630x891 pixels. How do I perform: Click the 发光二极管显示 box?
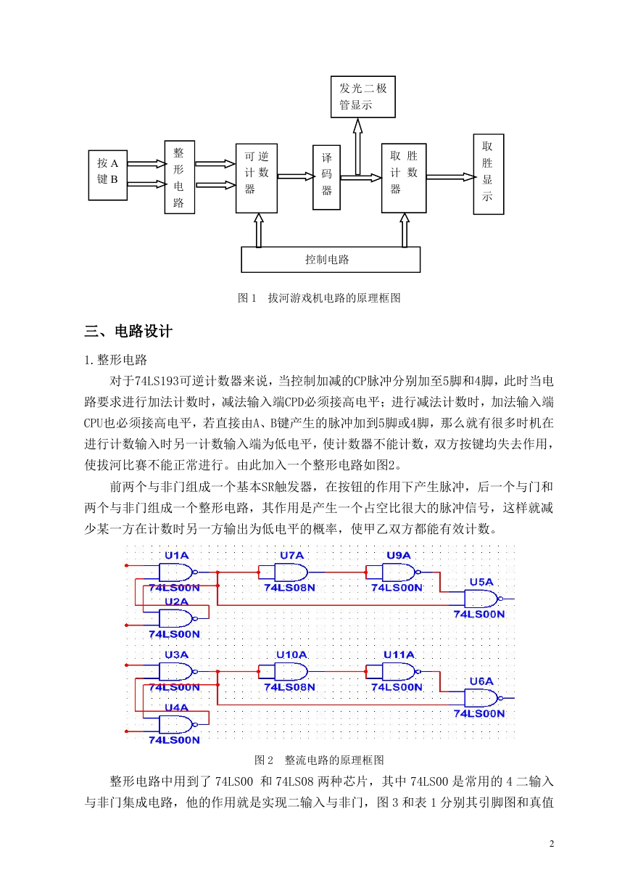pyautogui.click(x=363, y=97)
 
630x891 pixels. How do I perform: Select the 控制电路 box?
pyautogui.click(x=331, y=259)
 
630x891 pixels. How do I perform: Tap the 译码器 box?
pyautogui.click(x=326, y=177)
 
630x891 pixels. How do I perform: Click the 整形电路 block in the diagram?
pyautogui.click(x=180, y=177)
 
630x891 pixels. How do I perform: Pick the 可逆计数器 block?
pyautogui.click(x=257, y=178)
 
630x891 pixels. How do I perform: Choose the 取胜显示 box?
pyautogui.click(x=489, y=174)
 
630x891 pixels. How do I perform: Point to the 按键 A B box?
pyautogui.click(x=108, y=175)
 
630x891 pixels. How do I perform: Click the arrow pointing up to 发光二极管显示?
pyautogui.click(x=358, y=147)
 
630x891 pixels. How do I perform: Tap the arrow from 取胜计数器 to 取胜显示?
pyautogui.click(x=451, y=176)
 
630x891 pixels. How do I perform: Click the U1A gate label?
pyautogui.click(x=176, y=555)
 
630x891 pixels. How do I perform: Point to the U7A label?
pyautogui.click(x=291, y=555)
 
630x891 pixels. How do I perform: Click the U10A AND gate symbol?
pyautogui.click(x=291, y=672)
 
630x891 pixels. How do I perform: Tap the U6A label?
pyautogui.click(x=481, y=681)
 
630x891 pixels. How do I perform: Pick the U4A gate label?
pyautogui.click(x=176, y=707)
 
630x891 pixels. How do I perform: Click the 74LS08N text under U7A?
pyautogui.click(x=289, y=588)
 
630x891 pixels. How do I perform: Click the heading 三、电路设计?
pyautogui.click(x=128, y=331)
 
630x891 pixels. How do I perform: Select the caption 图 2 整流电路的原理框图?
pyautogui.click(x=319, y=760)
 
